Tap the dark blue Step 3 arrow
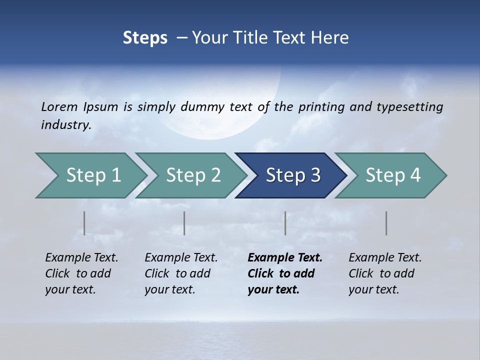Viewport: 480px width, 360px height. [x=293, y=175]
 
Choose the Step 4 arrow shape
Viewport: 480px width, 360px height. [x=393, y=175]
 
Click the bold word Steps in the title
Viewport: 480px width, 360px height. [x=145, y=38]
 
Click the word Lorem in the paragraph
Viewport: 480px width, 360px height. [x=59, y=106]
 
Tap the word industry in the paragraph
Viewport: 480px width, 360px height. [x=65, y=124]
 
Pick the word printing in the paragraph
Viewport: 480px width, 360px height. [x=321, y=106]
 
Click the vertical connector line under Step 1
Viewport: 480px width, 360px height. [x=84, y=223]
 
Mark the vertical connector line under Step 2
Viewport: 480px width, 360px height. [x=184, y=223]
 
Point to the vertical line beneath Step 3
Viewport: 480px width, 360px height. [x=285, y=223]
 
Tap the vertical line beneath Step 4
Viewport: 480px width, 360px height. [x=386, y=223]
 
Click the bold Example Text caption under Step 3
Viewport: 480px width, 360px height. [x=284, y=273]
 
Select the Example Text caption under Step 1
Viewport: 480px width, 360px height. [x=81, y=273]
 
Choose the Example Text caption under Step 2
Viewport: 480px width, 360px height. [x=181, y=273]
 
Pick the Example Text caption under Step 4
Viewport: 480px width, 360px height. [x=385, y=273]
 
